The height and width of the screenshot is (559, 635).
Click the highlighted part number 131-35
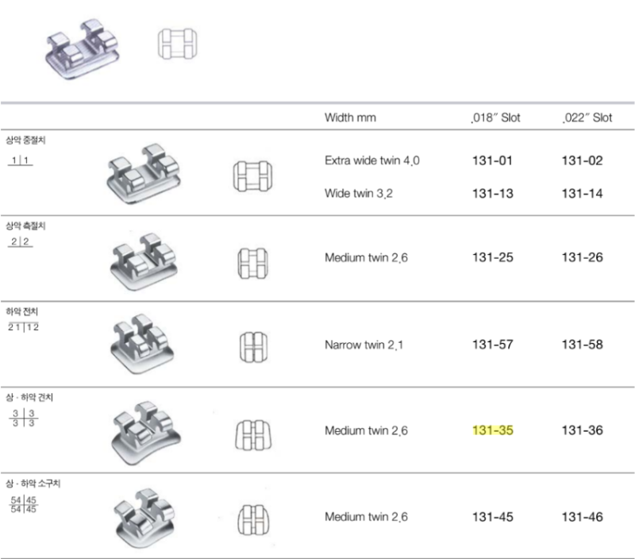[x=492, y=430]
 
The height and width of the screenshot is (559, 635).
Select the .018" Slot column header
[x=495, y=118]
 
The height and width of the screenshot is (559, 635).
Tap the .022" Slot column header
[x=587, y=118]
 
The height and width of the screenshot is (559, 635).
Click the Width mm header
[x=350, y=118]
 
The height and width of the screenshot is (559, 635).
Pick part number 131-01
[x=492, y=161]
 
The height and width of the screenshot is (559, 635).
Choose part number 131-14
[x=582, y=194]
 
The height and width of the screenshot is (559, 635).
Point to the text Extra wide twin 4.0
[x=371, y=161]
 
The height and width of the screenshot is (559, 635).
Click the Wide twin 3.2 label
[x=359, y=194]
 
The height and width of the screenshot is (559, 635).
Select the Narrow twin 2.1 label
[x=364, y=345]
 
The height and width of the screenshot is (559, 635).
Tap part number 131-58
[x=582, y=345]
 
